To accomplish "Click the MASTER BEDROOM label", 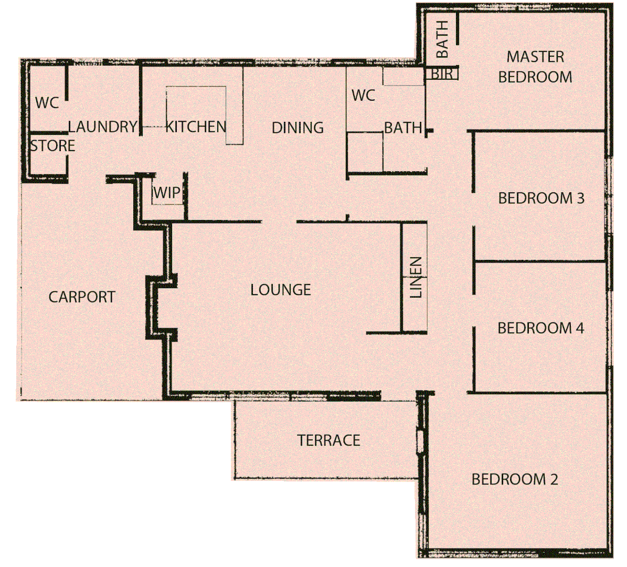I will (x=535, y=67).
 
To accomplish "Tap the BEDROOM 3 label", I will (x=541, y=198).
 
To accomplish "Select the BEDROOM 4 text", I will (x=540, y=328).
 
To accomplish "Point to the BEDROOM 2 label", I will (x=514, y=479).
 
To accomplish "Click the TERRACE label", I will (x=328, y=440).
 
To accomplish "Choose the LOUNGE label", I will (x=280, y=290).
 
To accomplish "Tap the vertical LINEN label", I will (x=416, y=277).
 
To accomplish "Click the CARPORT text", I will (x=82, y=297).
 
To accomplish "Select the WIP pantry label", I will (x=167, y=193).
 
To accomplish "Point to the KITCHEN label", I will (x=196, y=127).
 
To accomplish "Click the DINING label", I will (x=297, y=128).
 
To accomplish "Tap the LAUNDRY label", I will (x=102, y=127).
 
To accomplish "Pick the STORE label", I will (x=52, y=145).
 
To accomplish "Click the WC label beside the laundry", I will (x=47, y=102).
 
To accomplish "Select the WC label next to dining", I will (x=363, y=96).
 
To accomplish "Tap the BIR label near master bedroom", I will (x=442, y=74).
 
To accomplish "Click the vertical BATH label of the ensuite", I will (x=442, y=39).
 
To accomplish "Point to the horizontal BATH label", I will (x=402, y=128).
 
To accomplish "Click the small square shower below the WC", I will (x=365, y=152).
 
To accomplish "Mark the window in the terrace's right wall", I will (x=420, y=441).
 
